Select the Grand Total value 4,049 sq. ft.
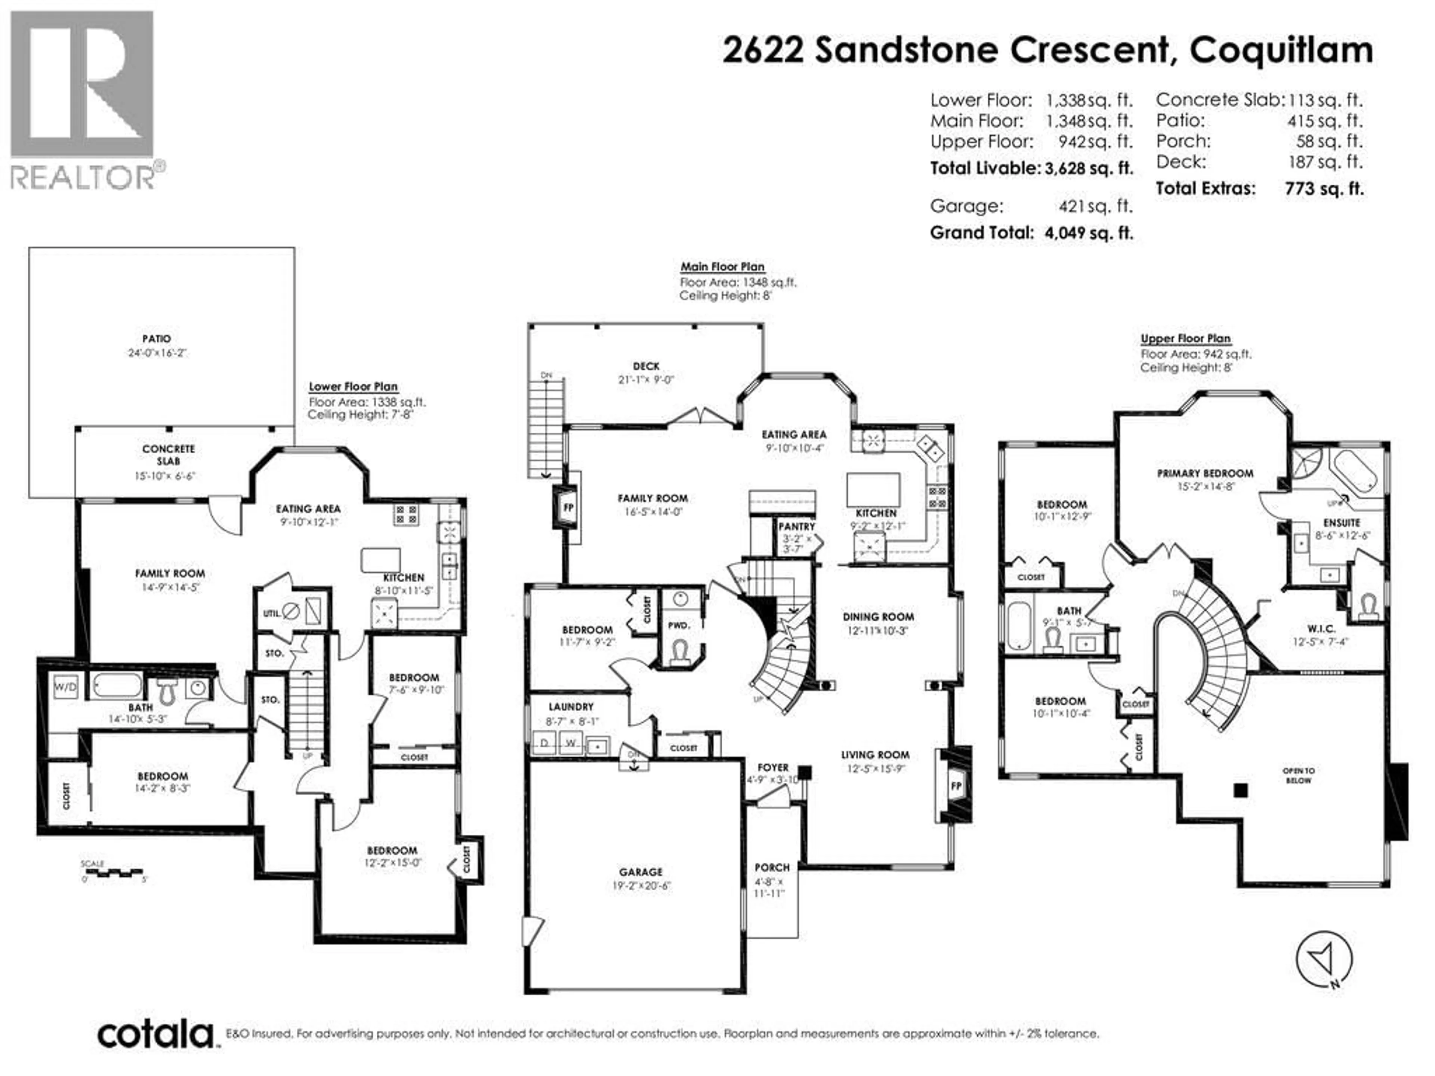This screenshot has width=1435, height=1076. pyautogui.click(x=1089, y=233)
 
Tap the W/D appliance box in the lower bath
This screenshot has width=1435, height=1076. pyautogui.click(x=65, y=687)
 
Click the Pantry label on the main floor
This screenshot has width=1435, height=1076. pyautogui.click(x=796, y=527)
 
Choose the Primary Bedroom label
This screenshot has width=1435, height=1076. pyautogui.click(x=1205, y=473)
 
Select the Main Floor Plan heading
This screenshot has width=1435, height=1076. pyautogui.click(x=722, y=266)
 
